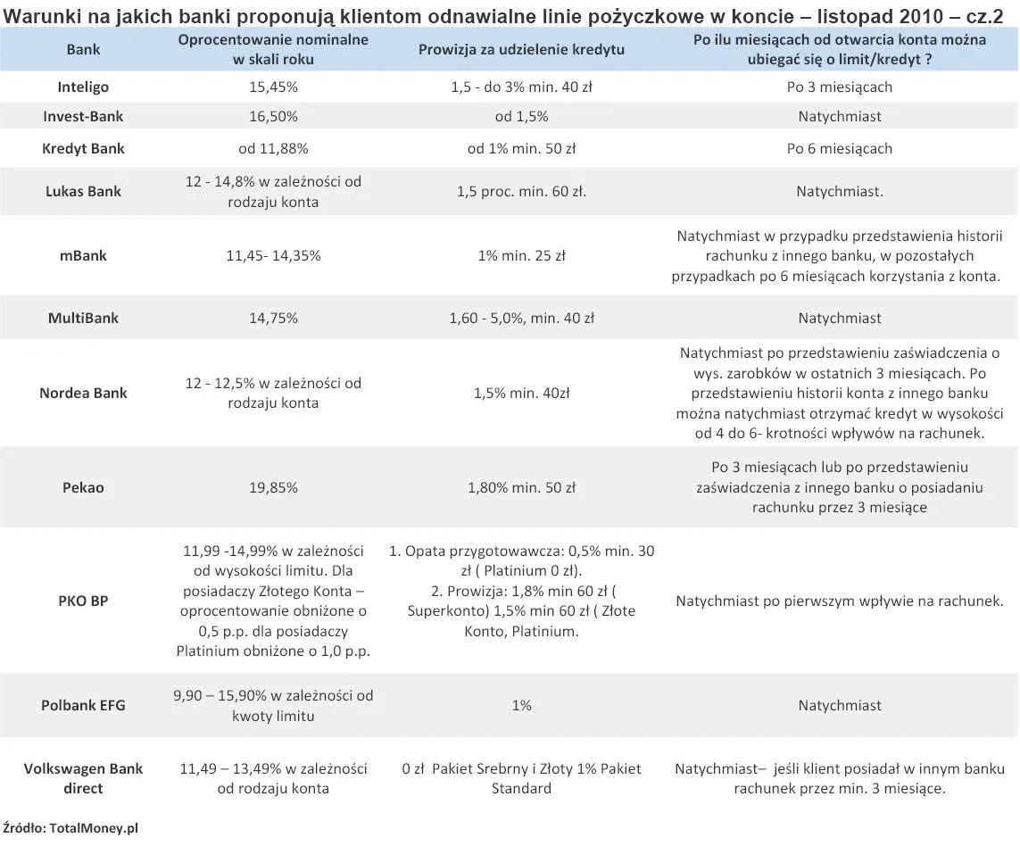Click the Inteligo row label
pos(84,87)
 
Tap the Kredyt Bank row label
pos(84,148)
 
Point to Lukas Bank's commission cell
pos(521,191)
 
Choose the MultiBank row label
pos(84,318)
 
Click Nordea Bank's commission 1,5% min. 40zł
pos(521,393)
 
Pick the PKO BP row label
pos(84,601)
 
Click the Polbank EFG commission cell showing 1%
pos(521,705)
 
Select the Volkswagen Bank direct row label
pos(84,778)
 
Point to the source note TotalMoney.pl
pos(71,828)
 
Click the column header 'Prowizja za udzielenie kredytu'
pos(521,48)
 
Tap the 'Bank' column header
pos(84,49)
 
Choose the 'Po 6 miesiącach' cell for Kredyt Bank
pos(839,148)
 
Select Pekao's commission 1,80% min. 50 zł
pos(521,488)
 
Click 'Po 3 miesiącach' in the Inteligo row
pos(839,87)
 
